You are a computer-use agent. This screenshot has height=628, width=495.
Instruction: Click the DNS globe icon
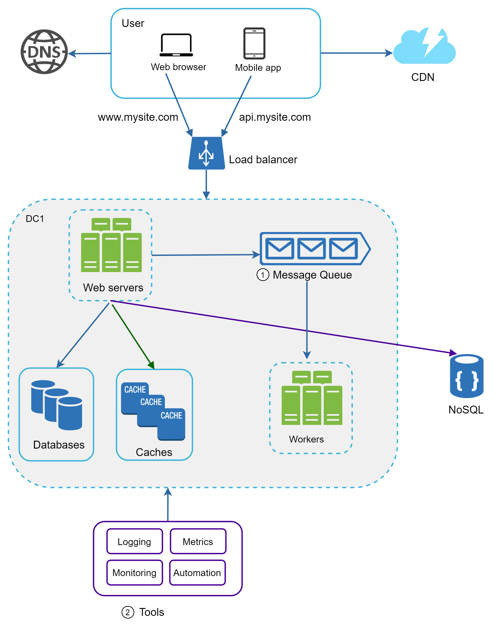[x=44, y=52]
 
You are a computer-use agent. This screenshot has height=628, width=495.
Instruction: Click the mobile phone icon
[x=254, y=43]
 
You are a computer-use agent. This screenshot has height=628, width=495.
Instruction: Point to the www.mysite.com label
[x=138, y=117]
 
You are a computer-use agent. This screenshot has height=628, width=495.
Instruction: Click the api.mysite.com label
[x=275, y=117]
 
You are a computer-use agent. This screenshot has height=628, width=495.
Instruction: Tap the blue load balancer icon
[x=206, y=153]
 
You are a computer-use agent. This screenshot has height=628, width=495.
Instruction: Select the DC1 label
[x=35, y=219]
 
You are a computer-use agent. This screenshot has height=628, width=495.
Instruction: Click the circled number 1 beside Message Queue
[x=262, y=275]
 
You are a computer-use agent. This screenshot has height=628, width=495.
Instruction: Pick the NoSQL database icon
[x=467, y=376]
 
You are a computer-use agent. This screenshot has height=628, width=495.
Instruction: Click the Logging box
[x=134, y=541]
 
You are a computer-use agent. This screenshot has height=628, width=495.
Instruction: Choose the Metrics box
[x=198, y=541]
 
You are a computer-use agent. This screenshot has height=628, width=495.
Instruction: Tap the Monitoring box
[x=134, y=572]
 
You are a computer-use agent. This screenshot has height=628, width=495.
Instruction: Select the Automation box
[x=197, y=572]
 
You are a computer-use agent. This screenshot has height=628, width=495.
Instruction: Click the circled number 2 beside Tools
[x=127, y=612]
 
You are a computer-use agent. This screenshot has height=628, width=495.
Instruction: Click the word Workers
[x=306, y=439]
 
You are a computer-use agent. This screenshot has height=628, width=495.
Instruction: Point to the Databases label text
[x=59, y=445]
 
